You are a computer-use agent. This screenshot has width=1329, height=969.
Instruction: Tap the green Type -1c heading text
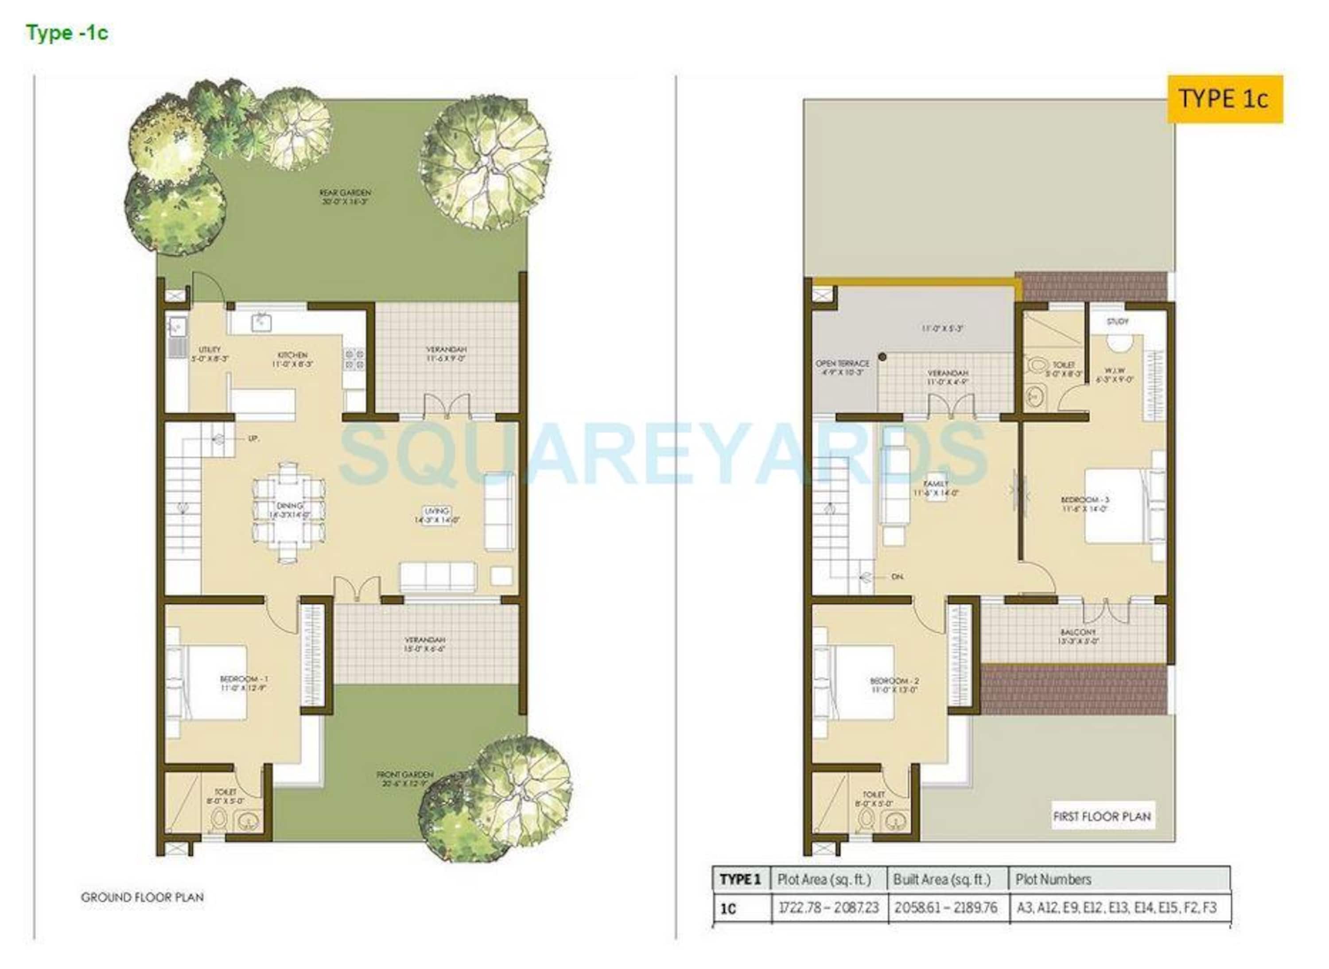[x=67, y=33]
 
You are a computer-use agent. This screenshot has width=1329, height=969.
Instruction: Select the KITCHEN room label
[x=292, y=359]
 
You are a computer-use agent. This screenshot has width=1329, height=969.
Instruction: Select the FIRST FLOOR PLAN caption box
[x=1102, y=817]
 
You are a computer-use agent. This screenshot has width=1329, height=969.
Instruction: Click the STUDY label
[x=1117, y=321]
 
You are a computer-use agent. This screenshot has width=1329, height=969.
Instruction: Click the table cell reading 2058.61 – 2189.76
[x=945, y=908]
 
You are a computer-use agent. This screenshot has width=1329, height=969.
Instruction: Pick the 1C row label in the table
[x=728, y=909]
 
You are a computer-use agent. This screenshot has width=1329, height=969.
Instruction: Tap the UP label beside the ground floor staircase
[x=253, y=438]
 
